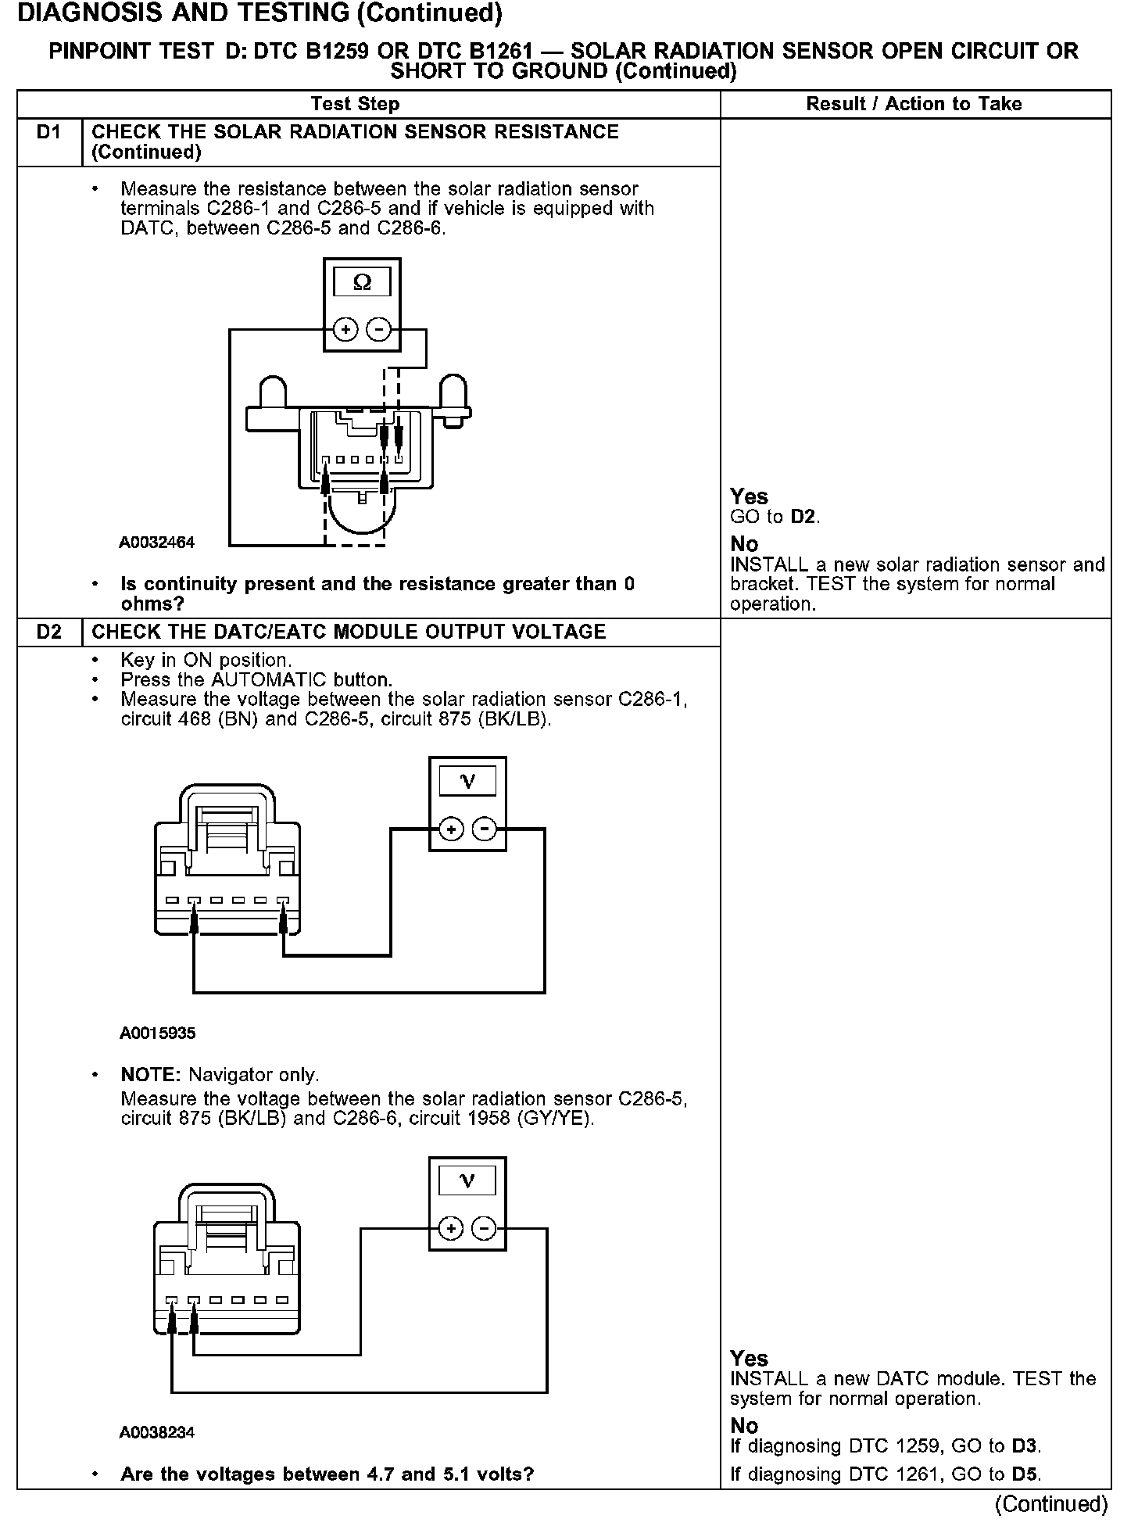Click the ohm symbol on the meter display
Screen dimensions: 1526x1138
[362, 282]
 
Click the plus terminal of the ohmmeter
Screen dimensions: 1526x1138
[345, 331]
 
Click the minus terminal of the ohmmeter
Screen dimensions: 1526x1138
[379, 331]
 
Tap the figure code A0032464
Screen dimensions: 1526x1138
[157, 543]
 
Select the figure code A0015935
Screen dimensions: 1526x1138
[157, 1033]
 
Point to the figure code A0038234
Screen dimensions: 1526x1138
[157, 1432]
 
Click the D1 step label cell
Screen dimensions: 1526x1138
[48, 133]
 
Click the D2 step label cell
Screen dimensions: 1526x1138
[48, 632]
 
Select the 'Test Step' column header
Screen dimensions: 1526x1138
[355, 104]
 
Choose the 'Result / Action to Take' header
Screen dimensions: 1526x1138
[914, 104]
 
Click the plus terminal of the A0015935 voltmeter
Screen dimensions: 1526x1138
[451, 829]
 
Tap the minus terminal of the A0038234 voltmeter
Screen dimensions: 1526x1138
[485, 1229]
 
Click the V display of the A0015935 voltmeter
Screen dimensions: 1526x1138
[467, 781]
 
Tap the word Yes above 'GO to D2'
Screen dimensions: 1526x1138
[749, 496]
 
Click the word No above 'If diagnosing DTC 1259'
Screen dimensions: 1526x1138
[744, 1426]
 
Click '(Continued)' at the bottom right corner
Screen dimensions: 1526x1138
[1051, 1504]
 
